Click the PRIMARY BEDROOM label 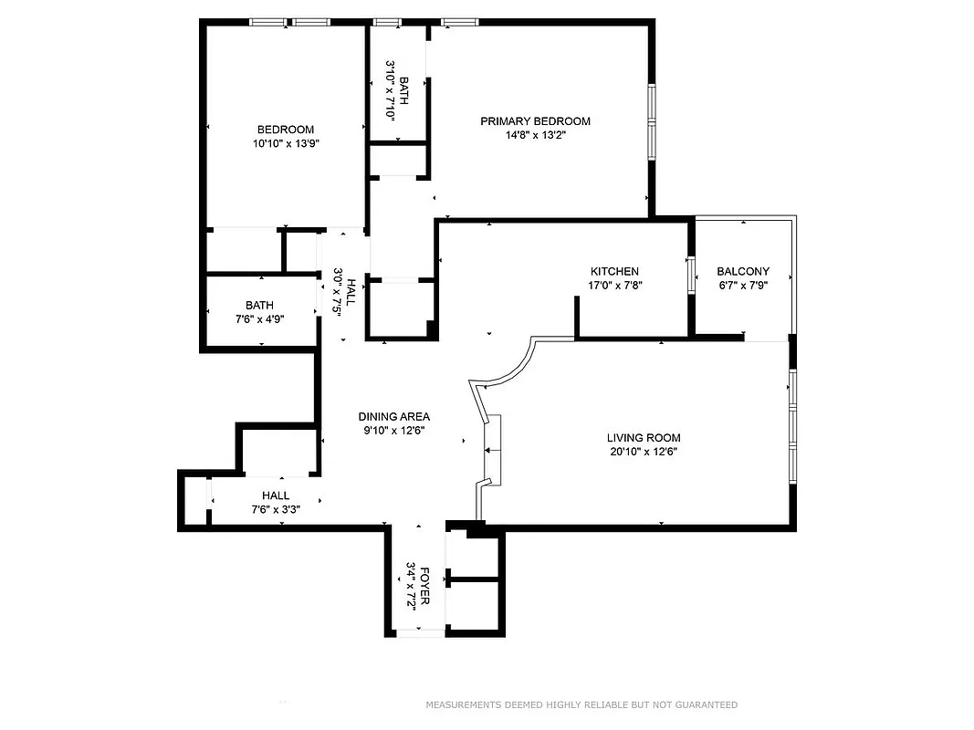pos(535,121)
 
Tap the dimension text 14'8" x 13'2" pos(535,136)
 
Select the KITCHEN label pos(614,272)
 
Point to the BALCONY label pos(742,272)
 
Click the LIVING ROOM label pos(644,438)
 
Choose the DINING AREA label pos(393,417)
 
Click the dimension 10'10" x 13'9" pos(286,143)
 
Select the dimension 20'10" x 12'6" pos(644,452)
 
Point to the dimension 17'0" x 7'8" pos(614,286)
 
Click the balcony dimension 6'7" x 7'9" pos(742,286)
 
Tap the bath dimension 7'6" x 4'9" pos(259,319)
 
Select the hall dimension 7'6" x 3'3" pos(276,509)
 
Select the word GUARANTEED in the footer pos(703,705)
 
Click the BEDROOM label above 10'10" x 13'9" pos(286,130)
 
